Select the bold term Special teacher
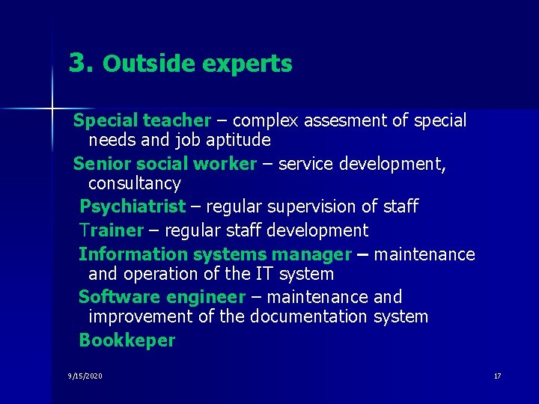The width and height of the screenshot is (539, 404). (142, 120)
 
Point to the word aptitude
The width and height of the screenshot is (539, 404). (235, 140)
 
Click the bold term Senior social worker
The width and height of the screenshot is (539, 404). (165, 164)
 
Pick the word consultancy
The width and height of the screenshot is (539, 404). (134, 183)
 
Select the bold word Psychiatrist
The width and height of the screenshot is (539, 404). (132, 206)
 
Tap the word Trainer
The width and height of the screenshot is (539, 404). (111, 230)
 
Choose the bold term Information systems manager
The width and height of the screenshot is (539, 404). (215, 254)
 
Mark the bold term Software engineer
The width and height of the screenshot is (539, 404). (162, 297)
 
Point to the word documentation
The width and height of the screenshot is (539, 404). (310, 316)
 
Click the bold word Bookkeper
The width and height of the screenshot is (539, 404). (127, 340)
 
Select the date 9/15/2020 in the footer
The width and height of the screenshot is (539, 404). (85, 376)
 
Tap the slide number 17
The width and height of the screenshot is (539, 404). (497, 376)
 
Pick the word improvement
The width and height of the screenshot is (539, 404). (141, 316)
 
